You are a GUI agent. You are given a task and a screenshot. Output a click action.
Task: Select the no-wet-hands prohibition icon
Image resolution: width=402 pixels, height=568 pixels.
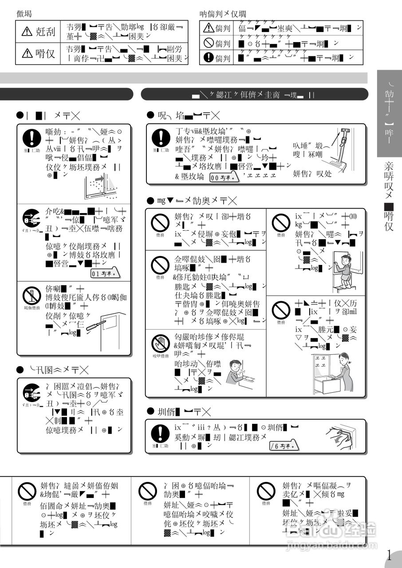[160, 343]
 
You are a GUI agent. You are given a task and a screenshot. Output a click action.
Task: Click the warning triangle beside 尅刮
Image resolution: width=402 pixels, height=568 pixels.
[27, 32]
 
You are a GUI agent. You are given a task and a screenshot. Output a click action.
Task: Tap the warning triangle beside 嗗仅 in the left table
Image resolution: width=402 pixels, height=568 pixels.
[27, 54]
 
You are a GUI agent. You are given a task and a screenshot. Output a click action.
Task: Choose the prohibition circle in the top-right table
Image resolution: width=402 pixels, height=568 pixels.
[209, 43]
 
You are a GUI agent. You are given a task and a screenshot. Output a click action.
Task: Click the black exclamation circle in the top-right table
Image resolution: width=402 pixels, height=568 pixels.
[209, 57]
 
